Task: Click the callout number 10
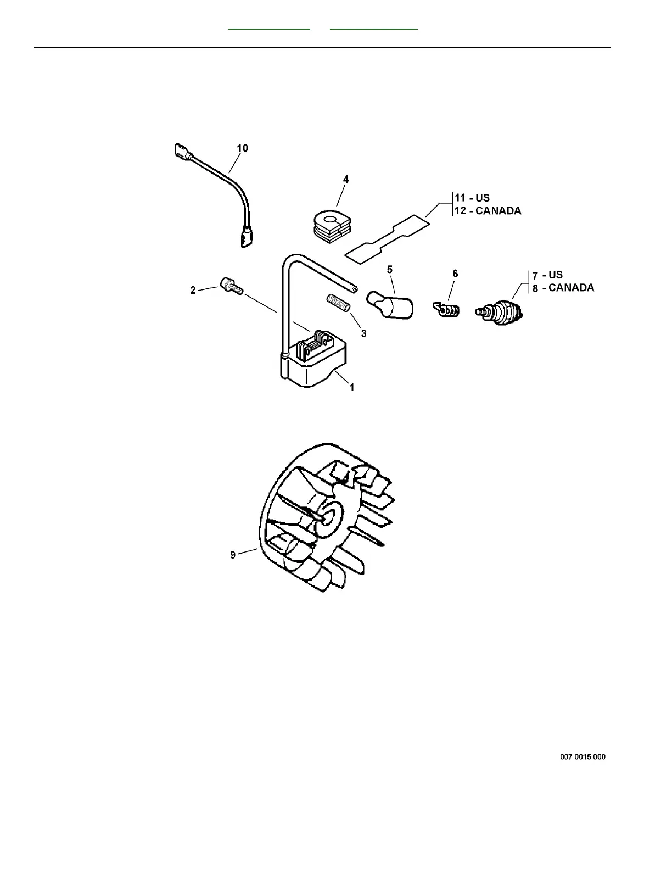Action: coord(242,148)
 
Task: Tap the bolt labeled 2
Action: coord(230,286)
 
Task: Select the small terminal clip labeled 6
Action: coord(448,310)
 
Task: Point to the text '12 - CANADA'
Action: coord(488,211)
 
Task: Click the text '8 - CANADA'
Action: coord(563,288)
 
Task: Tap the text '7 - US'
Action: coord(547,275)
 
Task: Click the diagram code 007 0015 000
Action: coord(583,757)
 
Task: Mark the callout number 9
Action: coord(233,555)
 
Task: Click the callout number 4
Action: coord(345,179)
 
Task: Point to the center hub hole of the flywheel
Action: coord(329,516)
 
